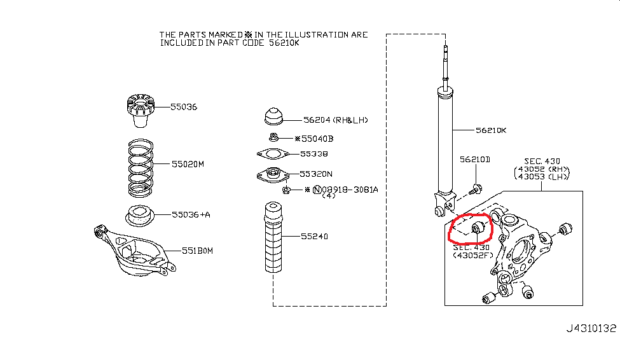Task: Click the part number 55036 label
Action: [x=184, y=107]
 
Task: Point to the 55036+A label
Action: [x=191, y=214]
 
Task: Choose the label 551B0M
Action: [x=197, y=251]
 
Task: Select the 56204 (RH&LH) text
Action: [x=336, y=120]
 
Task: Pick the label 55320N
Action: [x=316, y=173]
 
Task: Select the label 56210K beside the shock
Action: [x=491, y=130]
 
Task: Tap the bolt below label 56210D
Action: [x=475, y=189]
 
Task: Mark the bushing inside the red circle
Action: [x=479, y=228]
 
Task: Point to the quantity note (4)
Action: [x=329, y=196]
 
